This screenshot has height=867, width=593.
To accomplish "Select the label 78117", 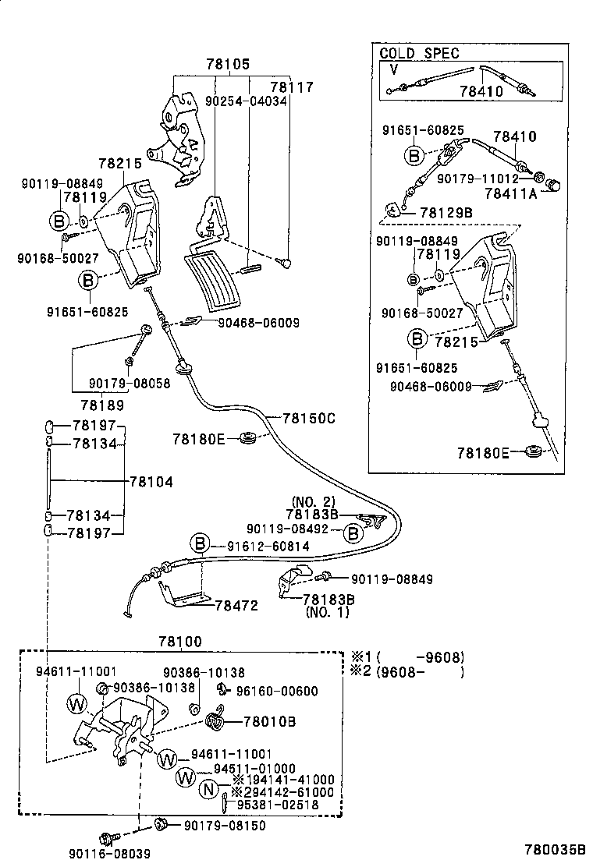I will (x=291, y=87).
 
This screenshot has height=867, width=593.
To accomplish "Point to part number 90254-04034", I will (x=246, y=101).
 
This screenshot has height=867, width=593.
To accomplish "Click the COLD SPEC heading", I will (x=419, y=54).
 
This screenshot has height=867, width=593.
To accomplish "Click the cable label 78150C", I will (x=308, y=418).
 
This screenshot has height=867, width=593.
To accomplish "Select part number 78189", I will (x=101, y=405).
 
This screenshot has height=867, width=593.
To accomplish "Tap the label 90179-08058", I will (x=129, y=384).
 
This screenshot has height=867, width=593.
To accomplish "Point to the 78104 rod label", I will (x=151, y=483).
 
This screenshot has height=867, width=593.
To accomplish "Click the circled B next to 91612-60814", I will (x=201, y=546).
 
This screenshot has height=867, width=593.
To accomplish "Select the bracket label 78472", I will (x=236, y=604).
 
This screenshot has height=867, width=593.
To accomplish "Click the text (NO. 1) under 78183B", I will (x=328, y=612).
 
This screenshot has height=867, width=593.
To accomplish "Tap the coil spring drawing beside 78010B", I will (x=216, y=722).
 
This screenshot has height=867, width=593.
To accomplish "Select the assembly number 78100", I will (x=180, y=642).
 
